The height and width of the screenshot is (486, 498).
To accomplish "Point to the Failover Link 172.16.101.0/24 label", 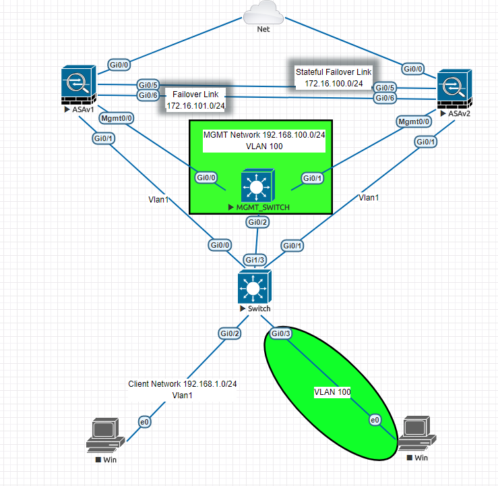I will [195, 100].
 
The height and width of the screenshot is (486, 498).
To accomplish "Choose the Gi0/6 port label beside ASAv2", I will [385, 99].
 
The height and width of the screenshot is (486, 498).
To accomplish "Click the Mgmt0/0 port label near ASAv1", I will [117, 118].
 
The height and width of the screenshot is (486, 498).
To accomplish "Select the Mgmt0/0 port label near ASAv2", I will [414, 122].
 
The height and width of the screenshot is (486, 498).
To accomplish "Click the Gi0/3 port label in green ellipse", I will [280, 333].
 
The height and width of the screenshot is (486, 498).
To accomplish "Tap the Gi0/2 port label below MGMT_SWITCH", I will [257, 222].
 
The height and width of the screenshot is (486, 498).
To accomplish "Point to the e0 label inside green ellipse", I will [375, 421].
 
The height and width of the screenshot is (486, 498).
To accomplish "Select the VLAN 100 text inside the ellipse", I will [332, 391].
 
